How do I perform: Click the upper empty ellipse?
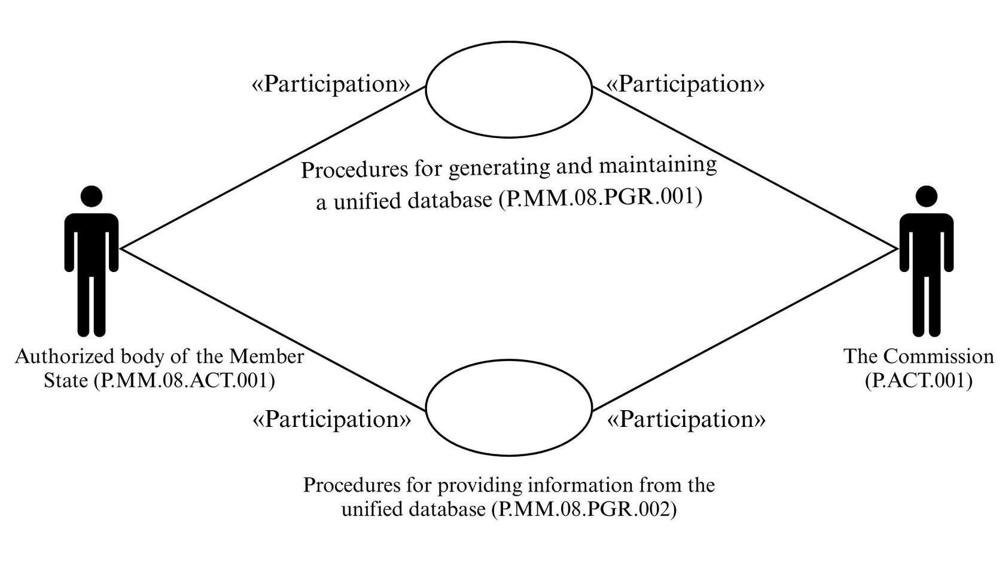[x=508, y=88]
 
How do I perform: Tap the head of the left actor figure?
[x=92, y=197]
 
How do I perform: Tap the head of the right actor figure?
[x=927, y=197]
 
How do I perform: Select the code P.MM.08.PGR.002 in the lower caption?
[x=583, y=509]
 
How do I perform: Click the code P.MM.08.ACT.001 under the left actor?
[x=185, y=381]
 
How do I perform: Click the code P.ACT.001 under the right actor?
[x=919, y=381]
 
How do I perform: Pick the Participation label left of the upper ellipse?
[x=331, y=84]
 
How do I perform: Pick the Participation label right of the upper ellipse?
[x=686, y=84]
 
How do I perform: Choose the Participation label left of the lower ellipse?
[x=332, y=419]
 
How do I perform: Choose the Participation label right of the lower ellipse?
[x=686, y=419]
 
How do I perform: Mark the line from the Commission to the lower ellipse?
[x=745, y=329]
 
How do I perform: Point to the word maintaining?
[x=657, y=165]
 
